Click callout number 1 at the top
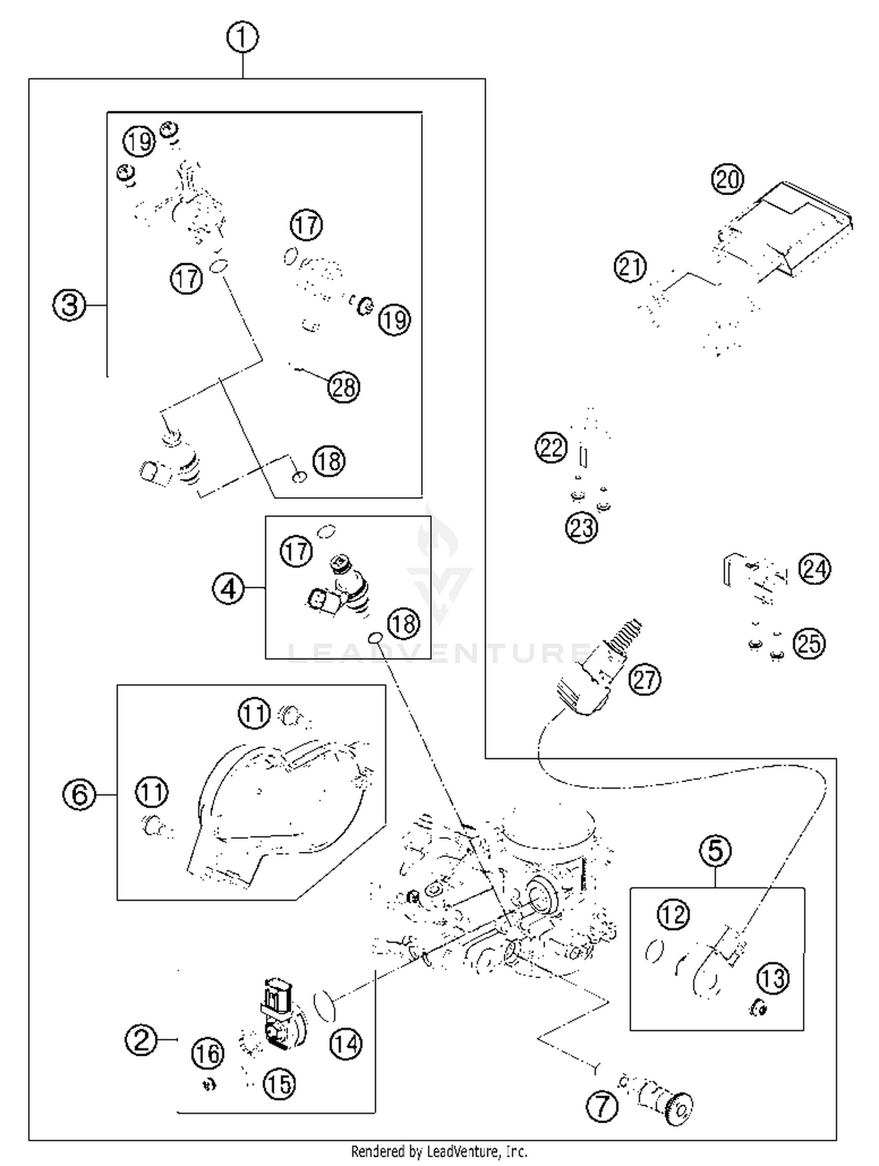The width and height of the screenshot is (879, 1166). pos(243,38)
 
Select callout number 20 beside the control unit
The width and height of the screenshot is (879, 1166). pos(727,179)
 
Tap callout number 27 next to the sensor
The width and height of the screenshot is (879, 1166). pos(645,679)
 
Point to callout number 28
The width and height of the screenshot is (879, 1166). pos(344,387)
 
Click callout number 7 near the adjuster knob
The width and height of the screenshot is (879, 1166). pos(602,1106)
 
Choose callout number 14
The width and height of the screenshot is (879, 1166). pos(346,1043)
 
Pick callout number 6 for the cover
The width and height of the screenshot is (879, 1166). pos(79,794)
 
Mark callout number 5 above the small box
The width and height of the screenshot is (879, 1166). pos(716,850)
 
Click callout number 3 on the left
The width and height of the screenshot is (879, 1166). pos(69,305)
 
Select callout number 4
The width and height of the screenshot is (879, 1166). pos(228,588)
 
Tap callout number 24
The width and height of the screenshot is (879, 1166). pos(815,569)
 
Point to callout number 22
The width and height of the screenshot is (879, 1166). pos(551,447)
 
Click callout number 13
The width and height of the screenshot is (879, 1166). pos(773,978)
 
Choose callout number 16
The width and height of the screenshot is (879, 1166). pos(207,1053)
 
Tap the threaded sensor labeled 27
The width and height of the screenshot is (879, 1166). pos(598,668)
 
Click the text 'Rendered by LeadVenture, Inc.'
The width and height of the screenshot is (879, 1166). pos(439,1151)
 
